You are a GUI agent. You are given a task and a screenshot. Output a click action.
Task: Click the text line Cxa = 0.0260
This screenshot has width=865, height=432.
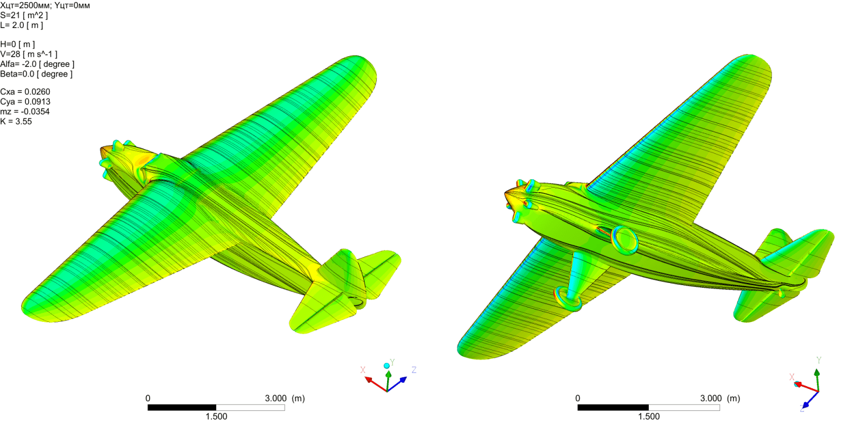[25, 92]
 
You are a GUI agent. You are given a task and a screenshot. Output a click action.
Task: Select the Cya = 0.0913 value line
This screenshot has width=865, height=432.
[25, 102]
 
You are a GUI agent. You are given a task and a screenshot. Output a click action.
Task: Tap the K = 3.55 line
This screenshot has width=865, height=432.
[16, 122]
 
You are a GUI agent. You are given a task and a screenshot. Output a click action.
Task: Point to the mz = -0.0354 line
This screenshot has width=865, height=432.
[25, 112]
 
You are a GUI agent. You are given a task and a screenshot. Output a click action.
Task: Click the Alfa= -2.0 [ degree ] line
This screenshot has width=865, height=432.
[37, 64]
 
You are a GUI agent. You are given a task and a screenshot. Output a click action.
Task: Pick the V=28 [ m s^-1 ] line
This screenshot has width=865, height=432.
[29, 55]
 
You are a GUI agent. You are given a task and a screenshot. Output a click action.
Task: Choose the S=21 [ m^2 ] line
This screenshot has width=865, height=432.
[24, 16]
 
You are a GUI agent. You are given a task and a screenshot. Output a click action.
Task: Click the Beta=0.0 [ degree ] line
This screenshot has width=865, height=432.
[36, 74]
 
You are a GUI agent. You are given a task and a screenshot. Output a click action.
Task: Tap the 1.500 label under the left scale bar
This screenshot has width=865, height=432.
[216, 416]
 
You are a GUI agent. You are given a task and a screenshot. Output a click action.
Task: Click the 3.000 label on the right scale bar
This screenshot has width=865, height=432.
[711, 399]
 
